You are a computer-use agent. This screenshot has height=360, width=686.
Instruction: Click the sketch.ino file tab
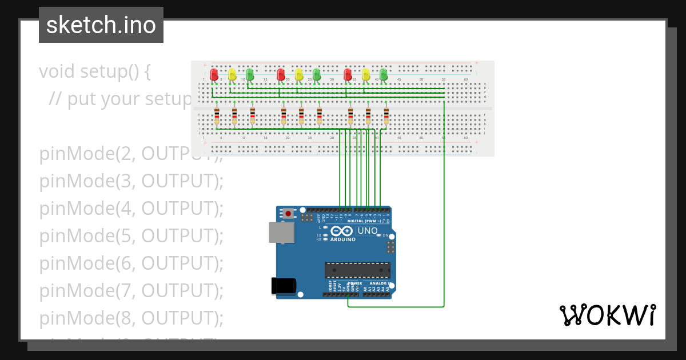[x=101, y=25]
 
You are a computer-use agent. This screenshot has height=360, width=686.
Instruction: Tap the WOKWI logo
[x=607, y=315]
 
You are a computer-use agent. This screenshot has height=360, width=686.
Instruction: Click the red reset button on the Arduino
[x=289, y=214]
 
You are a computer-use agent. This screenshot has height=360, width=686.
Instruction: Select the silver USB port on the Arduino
[x=281, y=233]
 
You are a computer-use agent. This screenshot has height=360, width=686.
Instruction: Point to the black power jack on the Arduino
[x=284, y=285]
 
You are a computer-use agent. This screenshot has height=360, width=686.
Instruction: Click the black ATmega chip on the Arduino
[x=357, y=270]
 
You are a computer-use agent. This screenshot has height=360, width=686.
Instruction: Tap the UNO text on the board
[x=368, y=231]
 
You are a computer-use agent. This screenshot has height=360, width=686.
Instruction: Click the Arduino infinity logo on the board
[x=342, y=231]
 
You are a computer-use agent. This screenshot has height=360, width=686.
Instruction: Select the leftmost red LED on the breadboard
[x=214, y=75]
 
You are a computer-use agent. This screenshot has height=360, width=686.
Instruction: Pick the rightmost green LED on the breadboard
[x=384, y=74]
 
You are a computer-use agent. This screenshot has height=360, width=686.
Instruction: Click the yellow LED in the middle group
[x=298, y=75]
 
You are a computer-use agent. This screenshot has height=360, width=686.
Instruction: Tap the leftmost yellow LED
[x=232, y=75]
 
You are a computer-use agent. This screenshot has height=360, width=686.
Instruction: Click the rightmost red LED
[x=348, y=75]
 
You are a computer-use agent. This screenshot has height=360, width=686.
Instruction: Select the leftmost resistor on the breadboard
[x=217, y=116]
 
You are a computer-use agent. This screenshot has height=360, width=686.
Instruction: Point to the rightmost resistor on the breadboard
[x=386, y=116]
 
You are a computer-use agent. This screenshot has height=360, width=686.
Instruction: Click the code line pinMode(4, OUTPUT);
[x=131, y=209]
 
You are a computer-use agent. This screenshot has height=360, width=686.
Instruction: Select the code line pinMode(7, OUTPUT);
[x=131, y=291]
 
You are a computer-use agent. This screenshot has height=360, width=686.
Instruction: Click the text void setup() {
[x=95, y=71]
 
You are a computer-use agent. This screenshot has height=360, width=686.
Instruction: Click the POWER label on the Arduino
[x=355, y=283]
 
